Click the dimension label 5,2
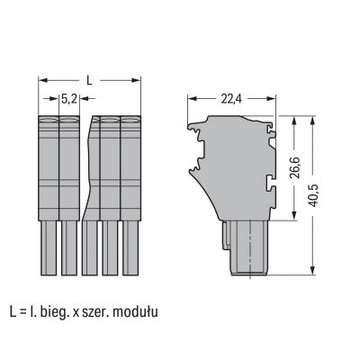[x=69, y=99]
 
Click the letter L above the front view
[x=89, y=80]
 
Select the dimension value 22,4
[x=231, y=99]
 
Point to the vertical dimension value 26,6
[x=296, y=166]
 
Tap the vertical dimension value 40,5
[x=314, y=195]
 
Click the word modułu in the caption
[x=135, y=312]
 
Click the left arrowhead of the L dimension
[x=42, y=80]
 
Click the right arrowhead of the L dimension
[x=136, y=80]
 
